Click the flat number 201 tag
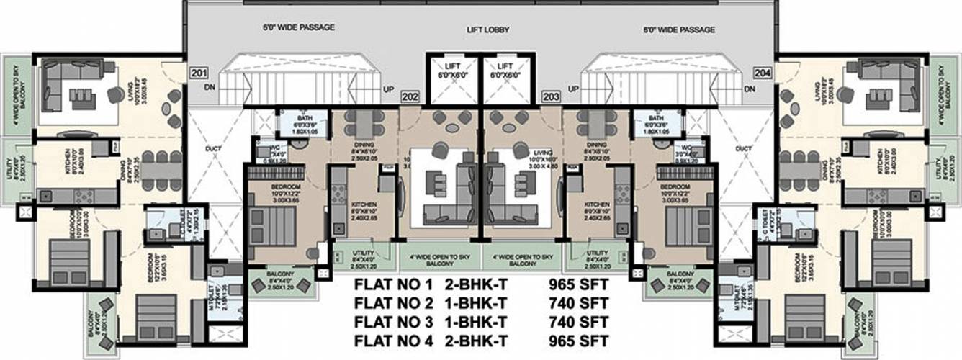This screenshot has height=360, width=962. click(198, 73)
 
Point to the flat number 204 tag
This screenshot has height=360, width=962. click(763, 73)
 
